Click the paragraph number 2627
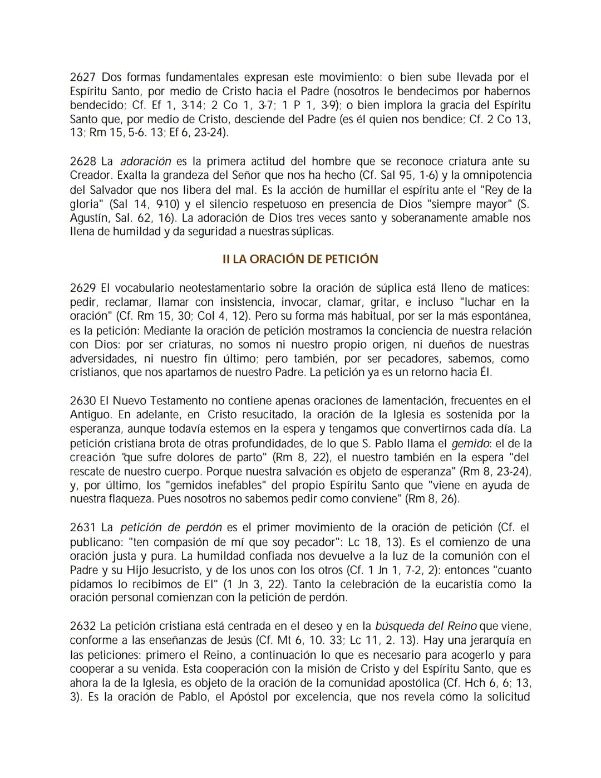(x=82, y=77)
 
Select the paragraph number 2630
(x=82, y=400)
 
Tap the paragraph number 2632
(x=82, y=627)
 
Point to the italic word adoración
(x=146, y=162)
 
